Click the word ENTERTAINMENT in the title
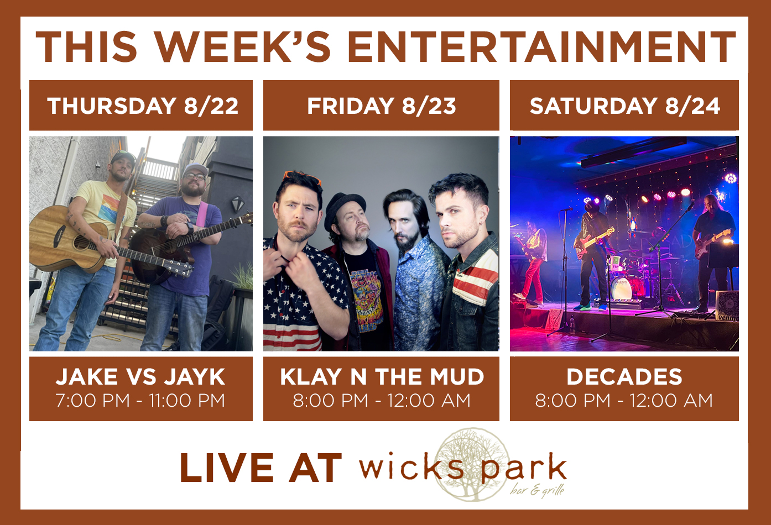(x=541, y=47)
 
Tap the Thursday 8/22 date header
(x=143, y=106)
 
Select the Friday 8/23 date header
(x=382, y=106)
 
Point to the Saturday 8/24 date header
(x=625, y=106)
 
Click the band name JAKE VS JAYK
(x=140, y=376)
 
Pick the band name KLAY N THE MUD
(x=382, y=376)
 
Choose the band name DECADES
(x=624, y=376)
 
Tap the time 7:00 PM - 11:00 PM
(x=140, y=400)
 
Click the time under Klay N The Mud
(x=382, y=400)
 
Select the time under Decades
(x=624, y=400)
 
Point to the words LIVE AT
(x=261, y=468)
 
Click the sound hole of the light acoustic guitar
(x=81, y=243)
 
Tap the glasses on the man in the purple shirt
(x=195, y=177)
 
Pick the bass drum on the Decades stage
(x=622, y=287)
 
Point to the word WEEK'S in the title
(x=243, y=47)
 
